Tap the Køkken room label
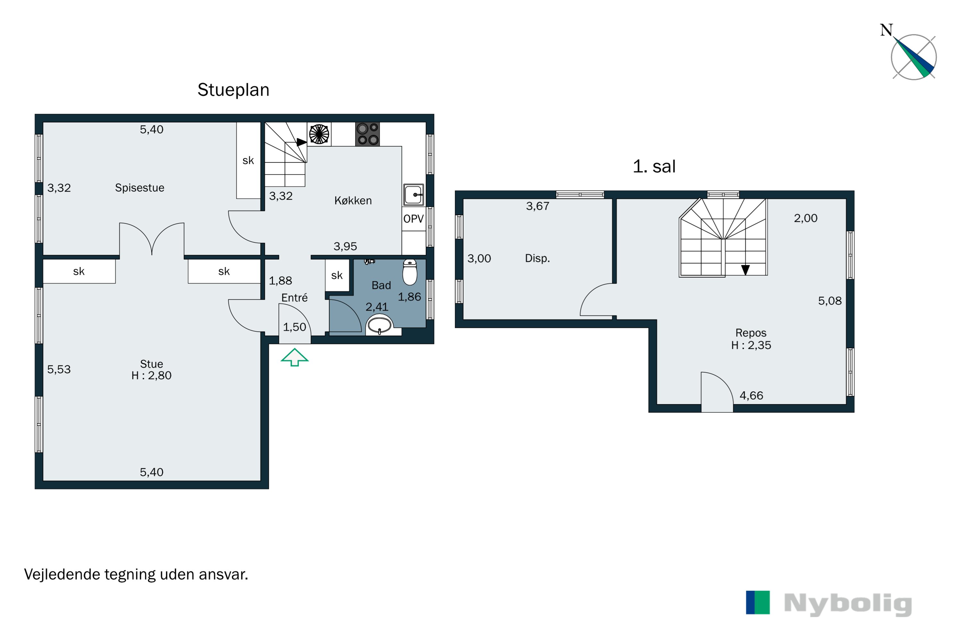point(353,201)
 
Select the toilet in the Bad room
point(409,272)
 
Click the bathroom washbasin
point(379,325)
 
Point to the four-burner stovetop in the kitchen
point(367,134)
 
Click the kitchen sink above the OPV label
point(414,195)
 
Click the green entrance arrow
point(295,357)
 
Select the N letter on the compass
point(886,30)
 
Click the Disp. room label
point(537,258)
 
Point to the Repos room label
point(751,333)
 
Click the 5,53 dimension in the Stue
point(59,370)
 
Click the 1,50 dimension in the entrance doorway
point(295,327)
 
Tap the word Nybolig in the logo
point(848,604)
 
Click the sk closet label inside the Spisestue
point(248,161)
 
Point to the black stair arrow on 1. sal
point(745,270)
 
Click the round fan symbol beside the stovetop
point(319,134)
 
